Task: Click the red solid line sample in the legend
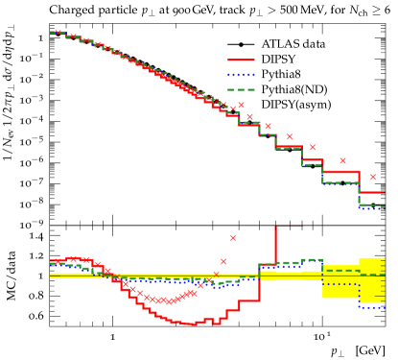[241, 60]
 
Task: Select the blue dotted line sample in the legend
[241, 75]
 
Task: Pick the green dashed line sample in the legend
[241, 89]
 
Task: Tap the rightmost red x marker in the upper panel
[373, 177]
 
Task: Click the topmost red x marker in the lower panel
[232, 237]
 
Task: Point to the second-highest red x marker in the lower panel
[223, 261]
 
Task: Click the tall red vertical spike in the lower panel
[275, 244]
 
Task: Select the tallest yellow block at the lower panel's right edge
[372, 279]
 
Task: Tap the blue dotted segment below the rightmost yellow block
[372, 307]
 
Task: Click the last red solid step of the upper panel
[372, 192]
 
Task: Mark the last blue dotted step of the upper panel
[372, 208]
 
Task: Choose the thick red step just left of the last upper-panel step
[340, 172]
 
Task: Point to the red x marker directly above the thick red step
[342, 161]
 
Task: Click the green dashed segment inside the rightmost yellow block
[372, 275]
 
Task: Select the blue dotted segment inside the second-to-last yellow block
[340, 284]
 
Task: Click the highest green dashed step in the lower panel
[313, 259]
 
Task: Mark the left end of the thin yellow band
[52, 276]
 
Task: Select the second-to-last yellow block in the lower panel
[340, 281]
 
